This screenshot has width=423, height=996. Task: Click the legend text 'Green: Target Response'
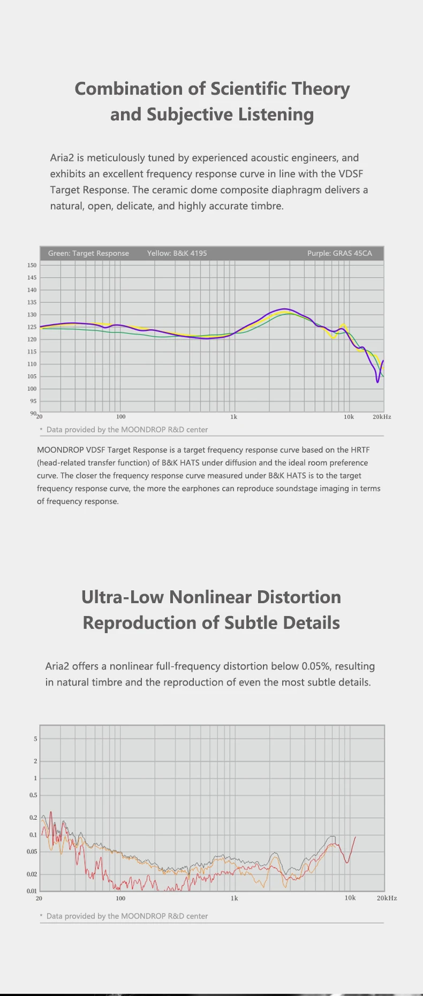(x=88, y=253)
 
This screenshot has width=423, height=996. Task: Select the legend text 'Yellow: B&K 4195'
(x=177, y=253)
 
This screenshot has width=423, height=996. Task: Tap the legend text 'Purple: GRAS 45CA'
(x=339, y=253)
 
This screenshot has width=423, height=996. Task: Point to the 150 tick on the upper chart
(x=32, y=265)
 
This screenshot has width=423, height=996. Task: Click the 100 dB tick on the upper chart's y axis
(x=32, y=389)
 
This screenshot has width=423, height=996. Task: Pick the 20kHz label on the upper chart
(x=382, y=416)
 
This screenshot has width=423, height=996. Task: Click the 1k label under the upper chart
(x=233, y=416)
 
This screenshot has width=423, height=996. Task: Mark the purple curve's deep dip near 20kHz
(x=377, y=382)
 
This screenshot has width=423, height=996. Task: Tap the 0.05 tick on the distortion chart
(x=32, y=851)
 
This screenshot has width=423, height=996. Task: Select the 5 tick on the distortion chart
(x=35, y=739)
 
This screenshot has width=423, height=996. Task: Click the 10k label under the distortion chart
(x=350, y=898)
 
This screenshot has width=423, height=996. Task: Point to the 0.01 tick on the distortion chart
(x=32, y=891)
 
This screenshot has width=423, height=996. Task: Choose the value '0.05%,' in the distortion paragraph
(x=316, y=666)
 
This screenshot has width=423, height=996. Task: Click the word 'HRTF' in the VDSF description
(x=360, y=450)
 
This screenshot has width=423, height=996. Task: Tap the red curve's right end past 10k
(x=355, y=837)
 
